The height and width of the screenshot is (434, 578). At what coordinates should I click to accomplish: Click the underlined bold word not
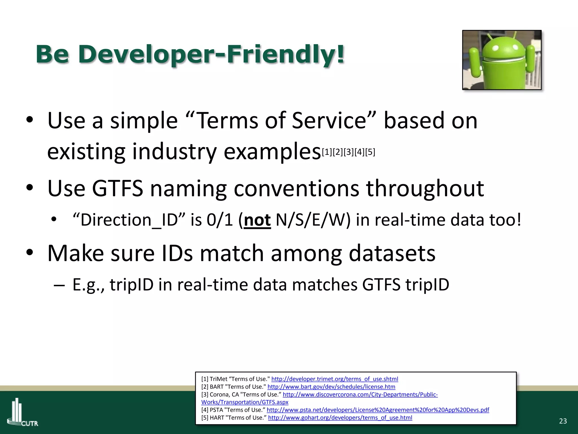[257, 220]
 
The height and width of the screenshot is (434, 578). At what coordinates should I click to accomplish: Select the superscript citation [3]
[349, 152]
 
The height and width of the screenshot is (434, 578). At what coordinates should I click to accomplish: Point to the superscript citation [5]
[370, 152]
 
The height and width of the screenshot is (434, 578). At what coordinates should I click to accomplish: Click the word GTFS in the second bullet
[118, 188]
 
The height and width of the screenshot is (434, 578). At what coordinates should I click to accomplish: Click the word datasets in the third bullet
[392, 253]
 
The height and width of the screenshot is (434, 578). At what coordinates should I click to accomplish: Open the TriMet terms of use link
[334, 379]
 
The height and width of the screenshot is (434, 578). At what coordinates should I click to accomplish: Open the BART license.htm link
[331, 387]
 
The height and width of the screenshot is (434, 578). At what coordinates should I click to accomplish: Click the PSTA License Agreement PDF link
[378, 410]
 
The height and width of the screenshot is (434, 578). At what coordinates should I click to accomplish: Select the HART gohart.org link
[340, 418]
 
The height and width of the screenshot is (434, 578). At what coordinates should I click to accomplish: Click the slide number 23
[563, 421]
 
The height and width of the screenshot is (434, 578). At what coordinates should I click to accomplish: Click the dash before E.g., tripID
[59, 285]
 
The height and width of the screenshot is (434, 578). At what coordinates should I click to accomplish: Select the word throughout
[425, 188]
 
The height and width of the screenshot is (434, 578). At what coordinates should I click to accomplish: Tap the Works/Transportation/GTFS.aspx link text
[245, 402]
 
